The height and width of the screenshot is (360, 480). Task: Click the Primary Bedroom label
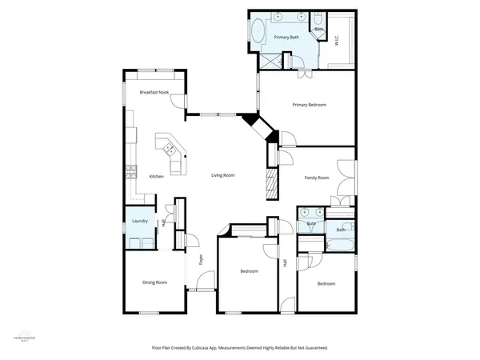point(308,105)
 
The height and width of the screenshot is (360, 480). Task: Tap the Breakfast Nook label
point(154,93)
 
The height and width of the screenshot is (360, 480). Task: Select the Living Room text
point(222,175)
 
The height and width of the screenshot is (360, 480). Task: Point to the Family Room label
point(316,178)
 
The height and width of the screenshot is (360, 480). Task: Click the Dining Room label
point(154,282)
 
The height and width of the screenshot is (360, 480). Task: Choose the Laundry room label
point(137,221)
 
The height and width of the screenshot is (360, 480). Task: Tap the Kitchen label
point(157,176)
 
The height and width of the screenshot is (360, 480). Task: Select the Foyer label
point(202,258)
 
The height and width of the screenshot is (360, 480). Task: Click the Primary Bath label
point(286,38)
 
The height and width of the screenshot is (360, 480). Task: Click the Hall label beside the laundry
point(163,222)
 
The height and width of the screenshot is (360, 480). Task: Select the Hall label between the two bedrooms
point(286,263)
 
